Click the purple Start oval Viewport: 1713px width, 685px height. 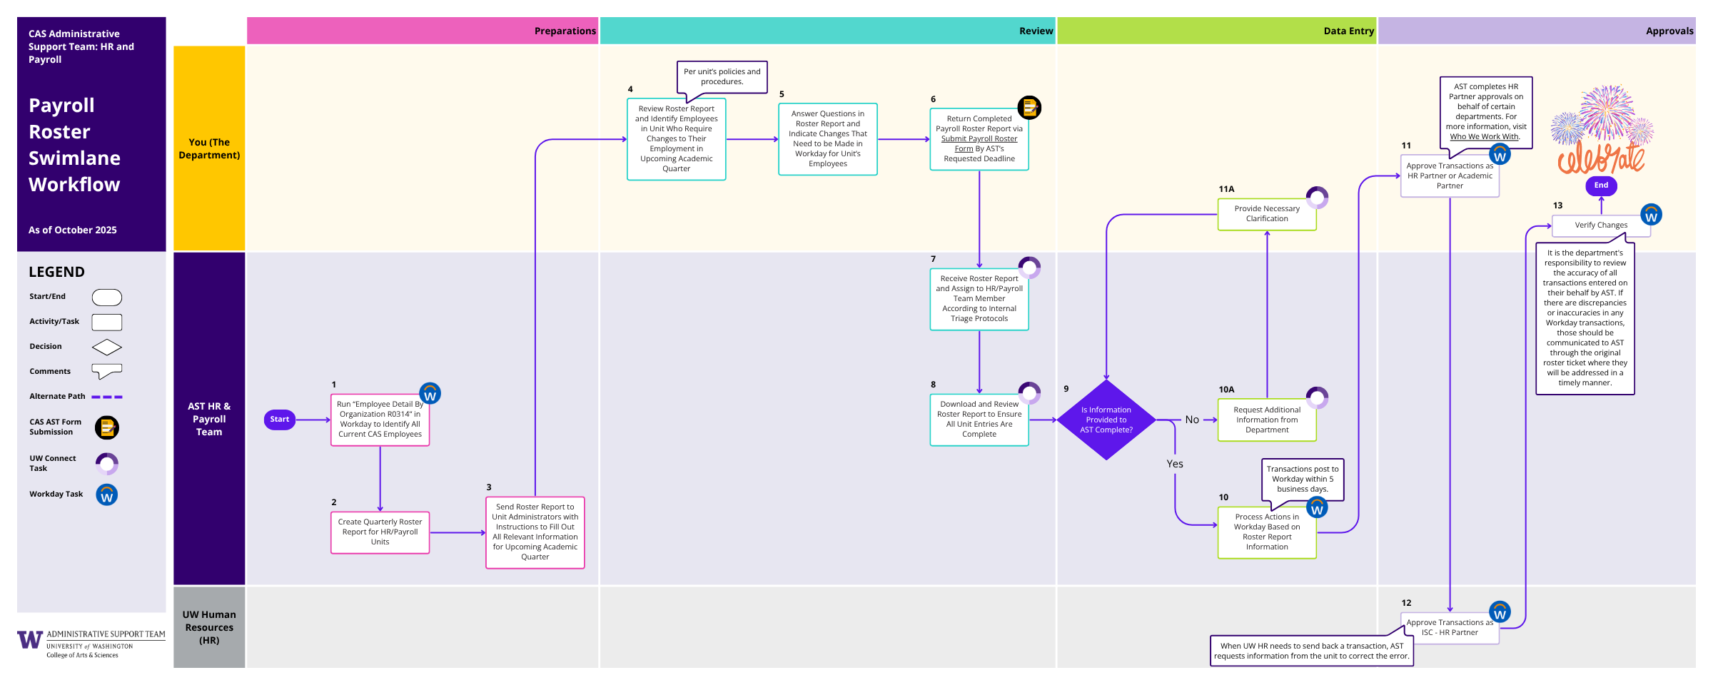280,420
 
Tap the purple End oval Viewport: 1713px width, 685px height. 1601,186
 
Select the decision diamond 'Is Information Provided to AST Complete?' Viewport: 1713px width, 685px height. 1106,420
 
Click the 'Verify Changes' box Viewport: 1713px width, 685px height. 1601,225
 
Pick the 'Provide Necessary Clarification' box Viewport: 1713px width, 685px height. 1266,214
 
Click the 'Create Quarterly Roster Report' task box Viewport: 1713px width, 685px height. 380,532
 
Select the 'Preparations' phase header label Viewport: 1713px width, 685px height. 565,31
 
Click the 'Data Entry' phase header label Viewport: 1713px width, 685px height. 1348,31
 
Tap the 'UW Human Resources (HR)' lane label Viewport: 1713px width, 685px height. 209,627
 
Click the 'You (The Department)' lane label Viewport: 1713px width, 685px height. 209,148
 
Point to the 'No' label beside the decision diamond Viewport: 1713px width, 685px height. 1192,420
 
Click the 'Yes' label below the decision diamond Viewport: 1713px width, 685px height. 1175,464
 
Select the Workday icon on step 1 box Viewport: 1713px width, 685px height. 430,393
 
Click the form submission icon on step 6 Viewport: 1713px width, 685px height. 1029,108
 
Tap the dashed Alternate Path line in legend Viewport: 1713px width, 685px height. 107,397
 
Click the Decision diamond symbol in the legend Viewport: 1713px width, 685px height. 107,347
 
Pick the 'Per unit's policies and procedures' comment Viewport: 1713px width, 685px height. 722,76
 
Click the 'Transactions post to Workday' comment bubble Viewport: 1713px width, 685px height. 1302,479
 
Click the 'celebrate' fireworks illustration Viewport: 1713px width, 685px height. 1601,132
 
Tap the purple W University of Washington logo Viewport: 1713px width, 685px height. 30,639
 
